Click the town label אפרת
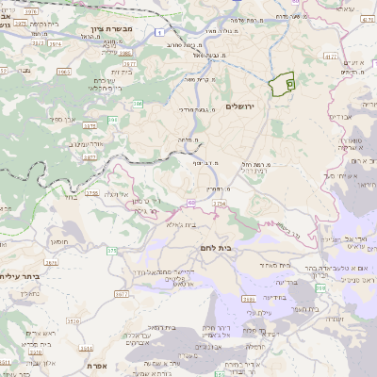tap(95, 365)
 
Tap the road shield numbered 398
tap(321, 287)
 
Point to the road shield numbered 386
tap(137, 104)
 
